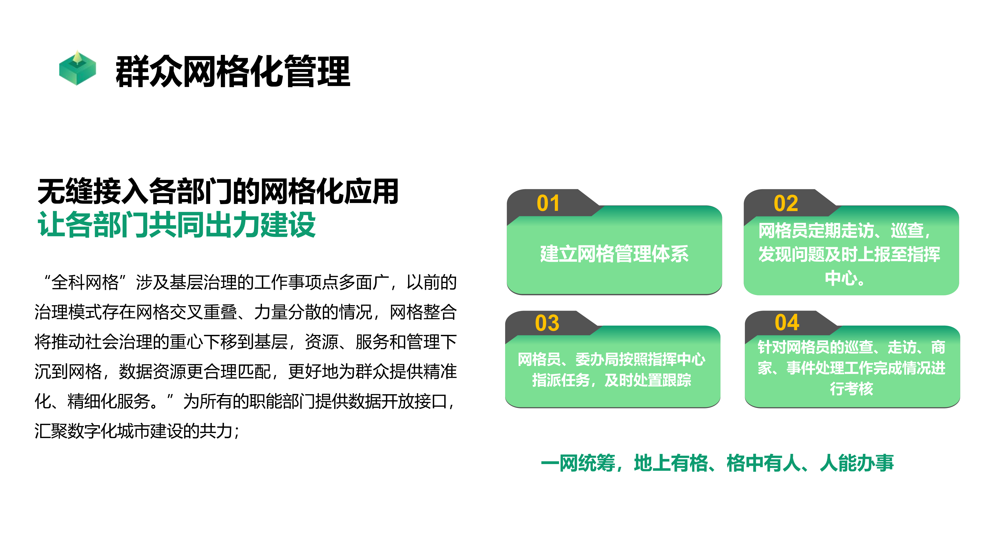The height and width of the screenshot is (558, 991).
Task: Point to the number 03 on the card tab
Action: coord(547,323)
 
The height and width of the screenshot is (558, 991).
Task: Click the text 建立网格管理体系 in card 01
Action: coord(614,254)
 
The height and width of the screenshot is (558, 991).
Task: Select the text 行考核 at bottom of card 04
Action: coord(851,388)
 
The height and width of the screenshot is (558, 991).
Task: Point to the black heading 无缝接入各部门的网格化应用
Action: coord(218,191)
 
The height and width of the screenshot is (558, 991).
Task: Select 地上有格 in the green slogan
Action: coord(671,463)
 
